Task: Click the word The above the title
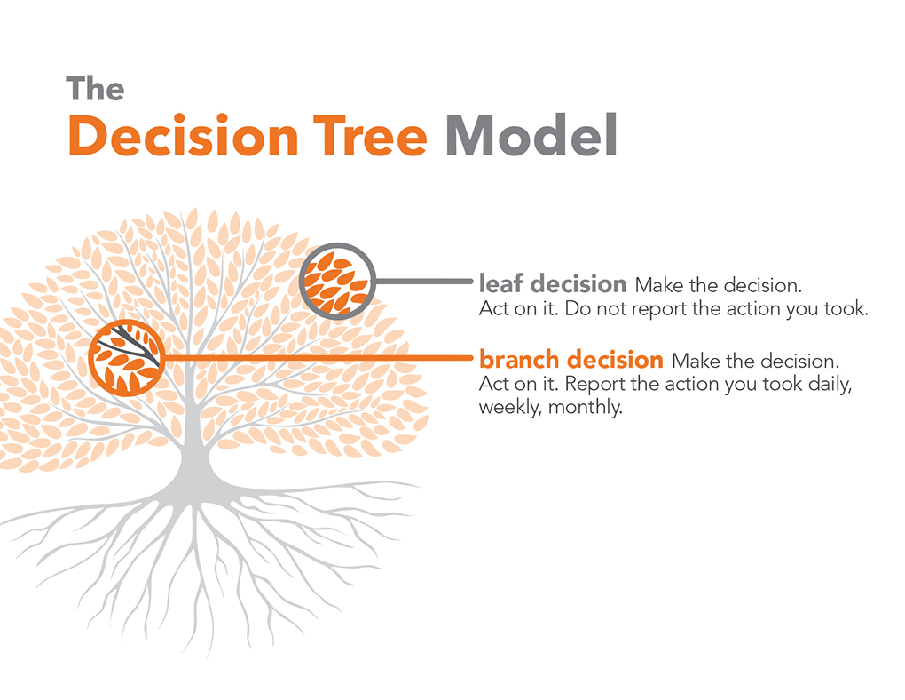point(95,89)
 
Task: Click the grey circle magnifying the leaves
point(336,281)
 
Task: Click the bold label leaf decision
point(552,284)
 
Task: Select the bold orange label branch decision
point(571,360)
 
